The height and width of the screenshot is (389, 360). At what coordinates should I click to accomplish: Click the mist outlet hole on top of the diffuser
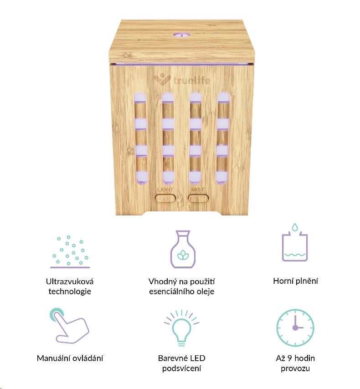coord(181,36)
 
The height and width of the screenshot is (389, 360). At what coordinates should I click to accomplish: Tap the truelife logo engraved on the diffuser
coord(182,80)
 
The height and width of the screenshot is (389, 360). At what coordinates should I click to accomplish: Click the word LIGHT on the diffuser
coord(165,189)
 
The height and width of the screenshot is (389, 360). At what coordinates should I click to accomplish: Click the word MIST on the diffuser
coord(198,189)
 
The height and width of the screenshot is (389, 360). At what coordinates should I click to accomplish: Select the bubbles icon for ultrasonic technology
coord(70,252)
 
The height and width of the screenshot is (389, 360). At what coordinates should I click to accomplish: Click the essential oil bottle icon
coord(183,249)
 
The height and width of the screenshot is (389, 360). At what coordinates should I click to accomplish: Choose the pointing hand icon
coord(69,325)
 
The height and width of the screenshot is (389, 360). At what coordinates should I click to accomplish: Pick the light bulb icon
coord(182,328)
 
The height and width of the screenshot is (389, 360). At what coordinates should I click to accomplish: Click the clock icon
coord(295,328)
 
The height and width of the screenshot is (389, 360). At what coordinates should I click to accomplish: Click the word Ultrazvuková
coord(70,282)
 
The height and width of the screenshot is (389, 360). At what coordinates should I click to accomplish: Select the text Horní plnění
coord(295,281)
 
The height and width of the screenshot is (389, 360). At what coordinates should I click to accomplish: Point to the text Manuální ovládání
coord(70,358)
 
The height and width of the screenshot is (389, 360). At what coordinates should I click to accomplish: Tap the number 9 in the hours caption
coord(289,358)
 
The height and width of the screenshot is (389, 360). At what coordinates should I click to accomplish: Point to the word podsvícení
coord(181,369)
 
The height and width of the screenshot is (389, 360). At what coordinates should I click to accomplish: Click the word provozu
coord(295,369)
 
